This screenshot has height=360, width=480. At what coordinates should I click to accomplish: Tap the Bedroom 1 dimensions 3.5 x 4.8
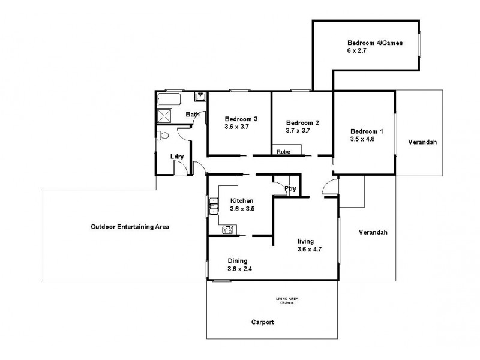[362, 139]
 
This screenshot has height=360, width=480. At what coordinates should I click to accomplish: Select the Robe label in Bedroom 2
[283, 152]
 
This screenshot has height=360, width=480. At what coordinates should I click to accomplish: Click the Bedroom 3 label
[241, 119]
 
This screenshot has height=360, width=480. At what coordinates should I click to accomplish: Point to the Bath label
[192, 115]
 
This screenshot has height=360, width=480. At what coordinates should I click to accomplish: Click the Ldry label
[176, 157]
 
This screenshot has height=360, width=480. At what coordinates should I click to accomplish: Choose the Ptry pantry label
[290, 189]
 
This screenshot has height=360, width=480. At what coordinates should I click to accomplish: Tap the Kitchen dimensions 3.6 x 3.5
[242, 209]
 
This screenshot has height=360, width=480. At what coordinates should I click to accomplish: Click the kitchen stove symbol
[228, 229]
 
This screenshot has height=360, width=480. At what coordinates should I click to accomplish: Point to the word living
[306, 241]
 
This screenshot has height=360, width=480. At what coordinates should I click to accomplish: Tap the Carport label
[263, 322]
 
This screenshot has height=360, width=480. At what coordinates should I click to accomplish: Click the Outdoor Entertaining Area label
[130, 227]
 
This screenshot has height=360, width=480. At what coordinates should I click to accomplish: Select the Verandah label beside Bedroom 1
[422, 143]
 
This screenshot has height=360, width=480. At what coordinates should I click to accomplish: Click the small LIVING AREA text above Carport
[287, 299]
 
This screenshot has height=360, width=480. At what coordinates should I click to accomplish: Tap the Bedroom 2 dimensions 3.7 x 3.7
[298, 131]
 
